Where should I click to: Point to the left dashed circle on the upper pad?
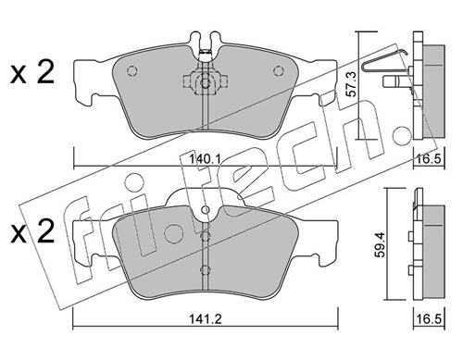click(131, 71)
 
